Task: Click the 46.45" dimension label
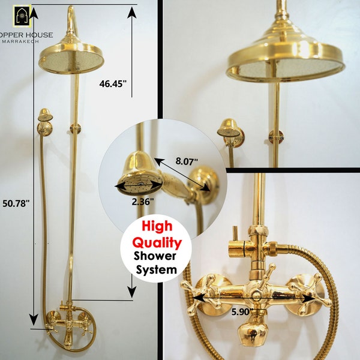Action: [x=113, y=85]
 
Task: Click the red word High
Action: [x=156, y=227]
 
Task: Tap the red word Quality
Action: [x=156, y=242]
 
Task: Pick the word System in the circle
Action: [x=156, y=270]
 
